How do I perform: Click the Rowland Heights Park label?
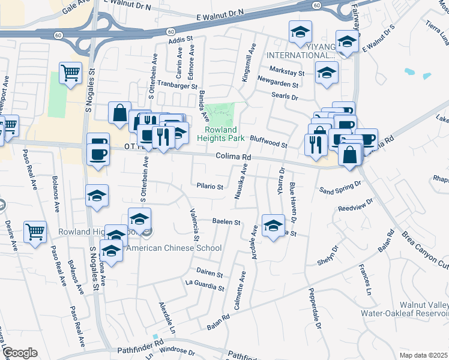tap(224, 134)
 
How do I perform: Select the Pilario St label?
tap(210, 187)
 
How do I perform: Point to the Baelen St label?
tap(227, 222)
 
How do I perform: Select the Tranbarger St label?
tap(178, 86)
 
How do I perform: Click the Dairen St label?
tap(209, 274)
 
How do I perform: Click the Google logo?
tap(19, 353)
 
